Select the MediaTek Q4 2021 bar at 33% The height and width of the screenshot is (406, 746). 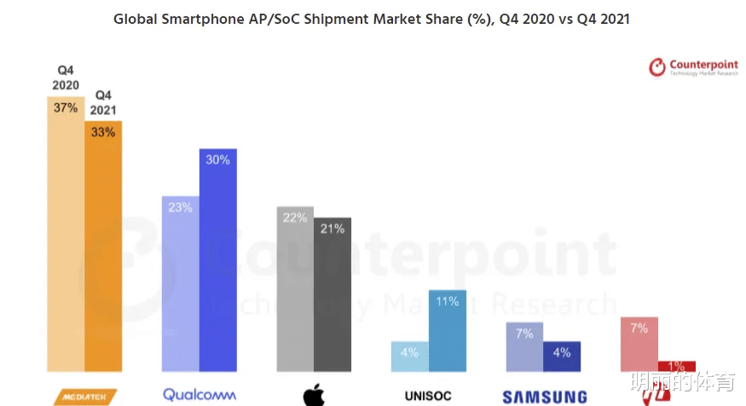pyautogui.click(x=103, y=247)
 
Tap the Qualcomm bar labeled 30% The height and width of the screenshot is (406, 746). pyautogui.click(x=217, y=260)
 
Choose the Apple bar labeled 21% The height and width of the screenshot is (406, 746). pyautogui.click(x=332, y=294)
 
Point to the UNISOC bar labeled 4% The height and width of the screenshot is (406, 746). pyautogui.click(x=409, y=357)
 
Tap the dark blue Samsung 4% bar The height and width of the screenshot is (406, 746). pyautogui.click(x=561, y=357)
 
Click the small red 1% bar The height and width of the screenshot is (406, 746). pyautogui.click(x=676, y=366)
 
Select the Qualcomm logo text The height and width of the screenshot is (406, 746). pyautogui.click(x=198, y=395)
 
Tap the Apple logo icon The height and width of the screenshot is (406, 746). pyautogui.click(x=314, y=395)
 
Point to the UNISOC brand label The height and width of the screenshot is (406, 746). pyautogui.click(x=429, y=396)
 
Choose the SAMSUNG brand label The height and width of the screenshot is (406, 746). pyautogui.click(x=544, y=397)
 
